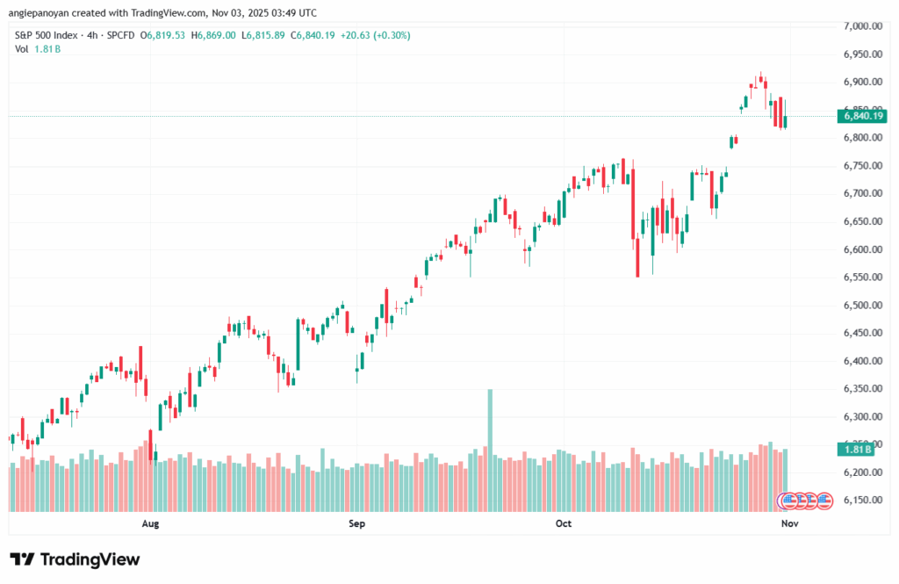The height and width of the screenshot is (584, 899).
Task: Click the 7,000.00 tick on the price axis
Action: [861, 26]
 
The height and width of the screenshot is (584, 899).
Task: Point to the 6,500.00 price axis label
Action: [861, 305]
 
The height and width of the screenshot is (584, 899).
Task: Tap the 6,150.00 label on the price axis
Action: [861, 500]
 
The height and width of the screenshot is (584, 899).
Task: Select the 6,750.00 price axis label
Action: [861, 165]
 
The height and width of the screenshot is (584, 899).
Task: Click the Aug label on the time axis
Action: [150, 523]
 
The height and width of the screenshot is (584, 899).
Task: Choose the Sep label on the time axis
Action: [356, 523]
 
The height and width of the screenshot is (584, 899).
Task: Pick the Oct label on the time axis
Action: [563, 523]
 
